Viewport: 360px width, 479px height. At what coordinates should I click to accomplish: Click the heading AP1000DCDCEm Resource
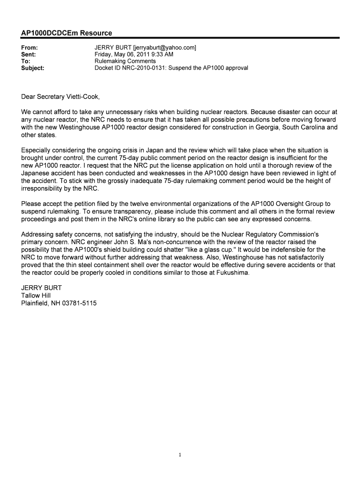click(66, 33)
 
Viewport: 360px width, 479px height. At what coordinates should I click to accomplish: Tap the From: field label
click(30, 48)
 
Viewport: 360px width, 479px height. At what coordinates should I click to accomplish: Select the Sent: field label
click(29, 54)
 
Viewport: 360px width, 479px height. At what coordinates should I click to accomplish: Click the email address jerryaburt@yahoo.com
click(164, 48)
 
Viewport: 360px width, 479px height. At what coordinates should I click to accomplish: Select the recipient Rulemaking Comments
click(125, 61)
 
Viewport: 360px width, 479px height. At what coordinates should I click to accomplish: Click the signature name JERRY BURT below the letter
click(42, 287)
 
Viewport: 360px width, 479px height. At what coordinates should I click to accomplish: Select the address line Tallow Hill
click(36, 295)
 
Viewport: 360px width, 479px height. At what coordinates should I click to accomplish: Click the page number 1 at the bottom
click(180, 454)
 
